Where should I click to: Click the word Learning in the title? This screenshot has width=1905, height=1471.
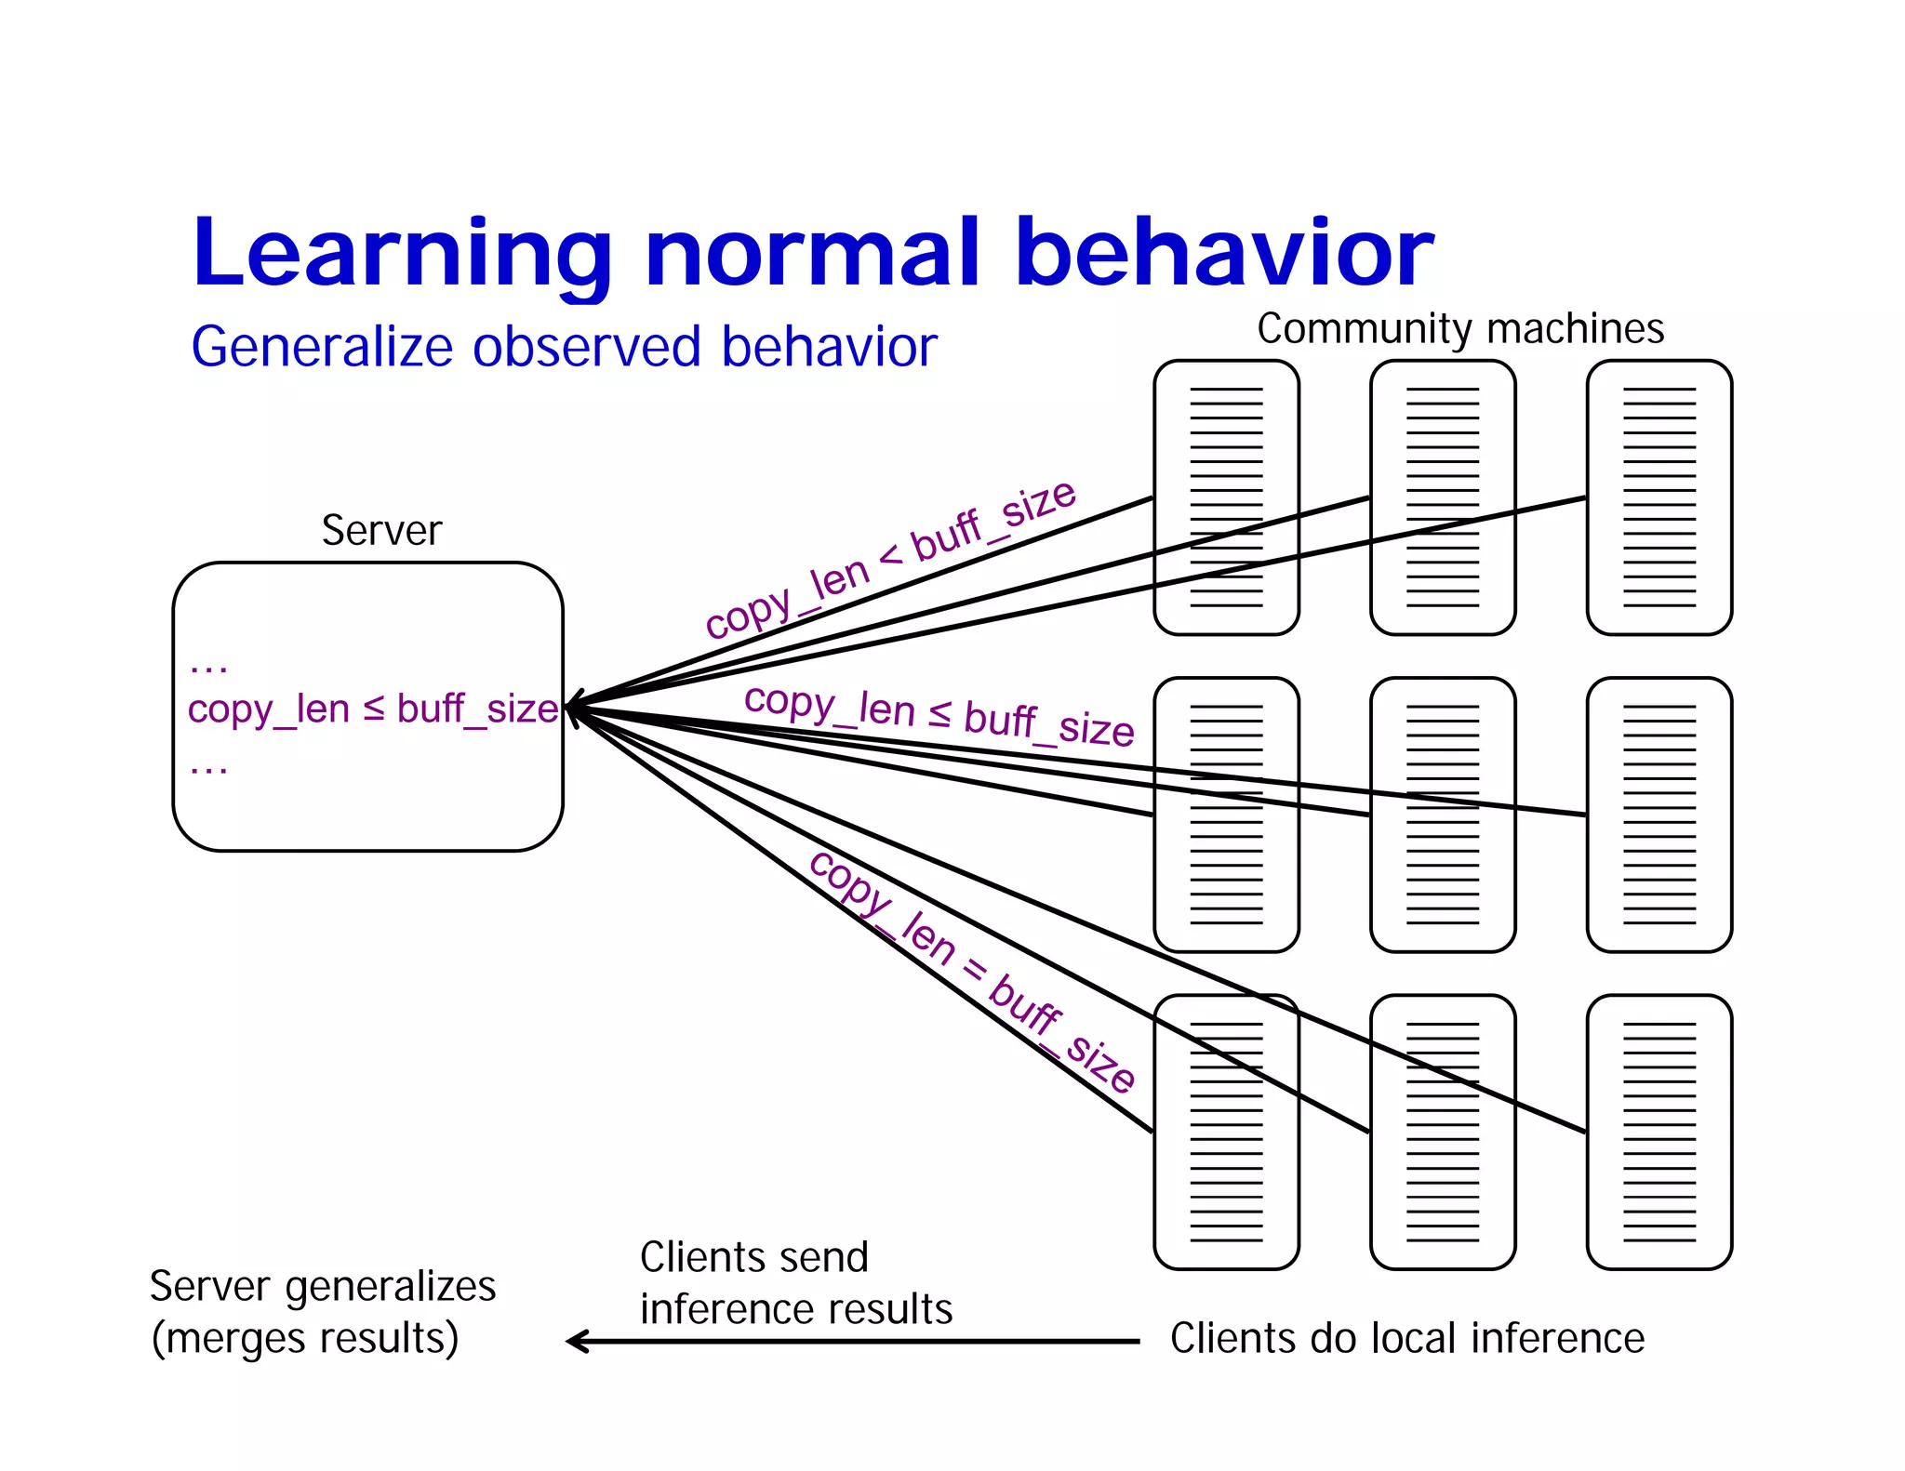[x=400, y=253]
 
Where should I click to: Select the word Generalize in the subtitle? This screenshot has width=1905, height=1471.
[x=320, y=347]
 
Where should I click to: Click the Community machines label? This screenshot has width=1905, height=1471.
[x=1459, y=329]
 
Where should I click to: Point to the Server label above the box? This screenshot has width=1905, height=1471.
[x=381, y=531]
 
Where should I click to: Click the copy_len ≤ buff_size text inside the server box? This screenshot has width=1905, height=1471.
[x=372, y=709]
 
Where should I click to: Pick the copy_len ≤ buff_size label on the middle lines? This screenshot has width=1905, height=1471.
[x=939, y=714]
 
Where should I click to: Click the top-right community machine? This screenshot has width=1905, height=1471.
[x=1659, y=497]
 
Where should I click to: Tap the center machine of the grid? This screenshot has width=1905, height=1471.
[x=1443, y=815]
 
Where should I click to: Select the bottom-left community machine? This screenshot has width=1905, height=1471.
[x=1226, y=1132]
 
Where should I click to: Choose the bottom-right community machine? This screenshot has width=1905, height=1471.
[x=1659, y=1132]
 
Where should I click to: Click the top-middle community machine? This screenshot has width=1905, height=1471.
[x=1443, y=497]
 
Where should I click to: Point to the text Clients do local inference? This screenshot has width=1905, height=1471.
[x=1406, y=1339]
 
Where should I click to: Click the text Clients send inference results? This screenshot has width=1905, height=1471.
[x=795, y=1283]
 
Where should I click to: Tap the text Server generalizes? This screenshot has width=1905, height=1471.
[x=323, y=1287]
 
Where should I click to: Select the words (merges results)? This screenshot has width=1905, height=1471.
[x=305, y=1339]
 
